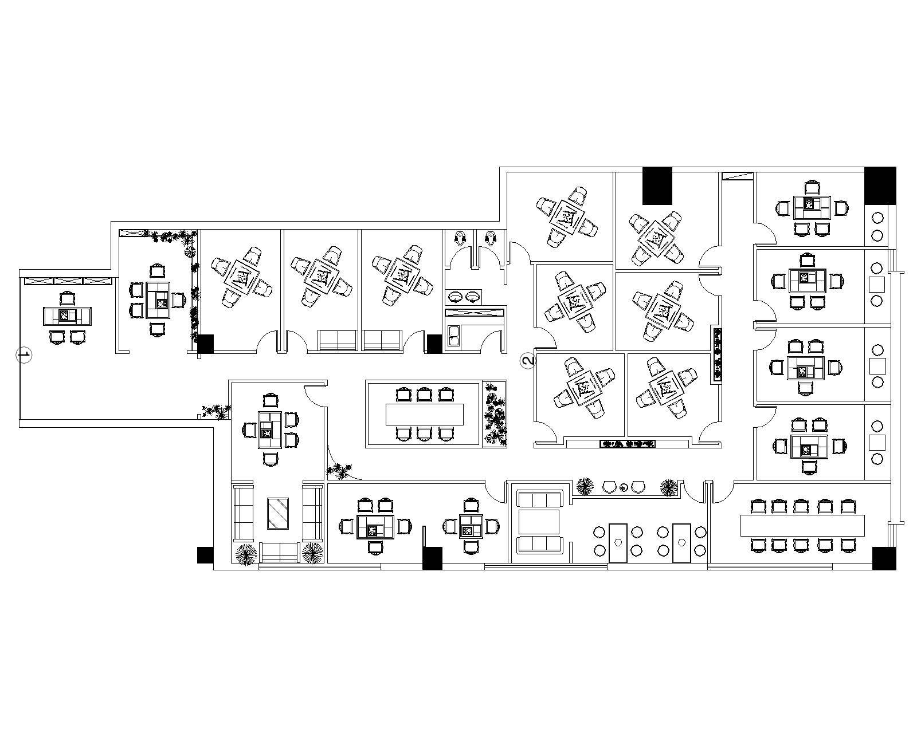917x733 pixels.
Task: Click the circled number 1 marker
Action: [x=24, y=355]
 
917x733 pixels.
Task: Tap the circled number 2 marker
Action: [x=528, y=361]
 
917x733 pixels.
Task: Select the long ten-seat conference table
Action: [x=802, y=525]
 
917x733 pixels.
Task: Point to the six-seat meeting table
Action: [x=425, y=414]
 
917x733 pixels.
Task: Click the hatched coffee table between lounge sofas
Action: [x=278, y=513]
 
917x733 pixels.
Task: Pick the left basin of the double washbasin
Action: [x=456, y=296]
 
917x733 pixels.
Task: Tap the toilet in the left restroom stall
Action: [x=459, y=237]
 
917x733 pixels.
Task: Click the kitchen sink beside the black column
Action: [x=453, y=337]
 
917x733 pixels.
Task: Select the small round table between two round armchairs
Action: [x=624, y=487]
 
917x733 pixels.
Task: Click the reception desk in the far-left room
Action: [x=68, y=316]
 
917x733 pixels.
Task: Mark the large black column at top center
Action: [x=657, y=186]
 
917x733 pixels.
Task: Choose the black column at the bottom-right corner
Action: [x=884, y=558]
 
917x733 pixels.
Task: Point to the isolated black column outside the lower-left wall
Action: [x=205, y=555]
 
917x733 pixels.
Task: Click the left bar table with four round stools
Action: [x=618, y=543]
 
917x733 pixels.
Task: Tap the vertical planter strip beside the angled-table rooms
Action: [x=717, y=354]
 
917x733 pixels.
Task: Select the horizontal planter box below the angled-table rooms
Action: [x=627, y=444]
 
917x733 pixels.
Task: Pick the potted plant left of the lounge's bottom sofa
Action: [x=246, y=554]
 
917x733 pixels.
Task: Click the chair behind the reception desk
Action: [x=67, y=298]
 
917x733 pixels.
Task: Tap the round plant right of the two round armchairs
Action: [x=669, y=487]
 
